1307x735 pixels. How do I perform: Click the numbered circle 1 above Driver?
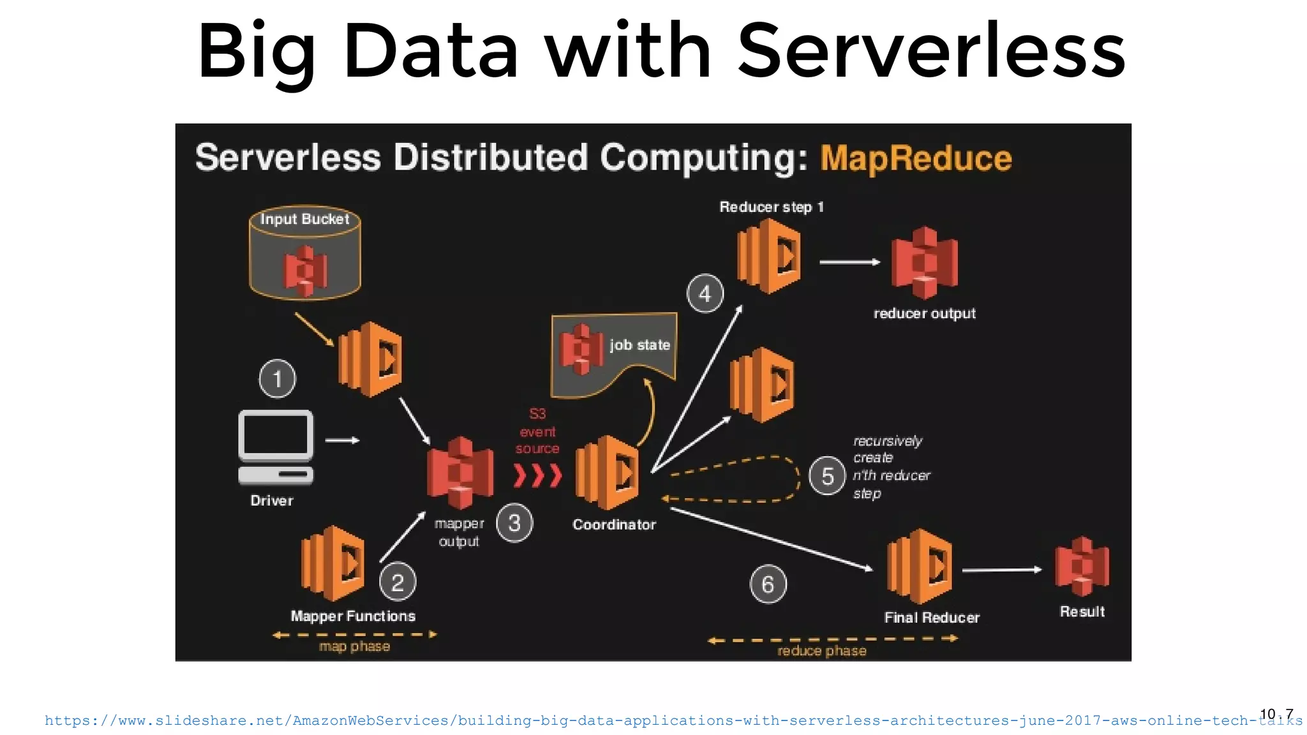click(277, 378)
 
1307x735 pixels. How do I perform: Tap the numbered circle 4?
click(705, 293)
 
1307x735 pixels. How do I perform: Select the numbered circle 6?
click(768, 584)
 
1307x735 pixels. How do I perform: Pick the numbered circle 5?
click(827, 476)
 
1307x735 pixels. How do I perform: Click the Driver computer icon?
click(276, 447)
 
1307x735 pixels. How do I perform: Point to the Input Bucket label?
click(304, 219)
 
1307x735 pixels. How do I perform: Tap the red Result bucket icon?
click(1082, 567)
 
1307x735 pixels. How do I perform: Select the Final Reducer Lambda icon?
click(920, 567)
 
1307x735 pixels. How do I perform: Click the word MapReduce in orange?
click(916, 158)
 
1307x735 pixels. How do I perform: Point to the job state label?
click(639, 345)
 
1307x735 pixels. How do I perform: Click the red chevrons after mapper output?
click(537, 475)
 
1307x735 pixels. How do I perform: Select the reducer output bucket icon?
click(924, 263)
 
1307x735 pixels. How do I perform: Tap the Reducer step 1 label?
click(771, 207)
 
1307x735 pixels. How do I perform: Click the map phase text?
click(354, 646)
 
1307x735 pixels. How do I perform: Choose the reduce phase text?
click(821, 651)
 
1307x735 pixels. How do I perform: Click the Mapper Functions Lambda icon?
click(332, 564)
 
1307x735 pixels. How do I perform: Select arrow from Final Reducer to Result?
click(1001, 570)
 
